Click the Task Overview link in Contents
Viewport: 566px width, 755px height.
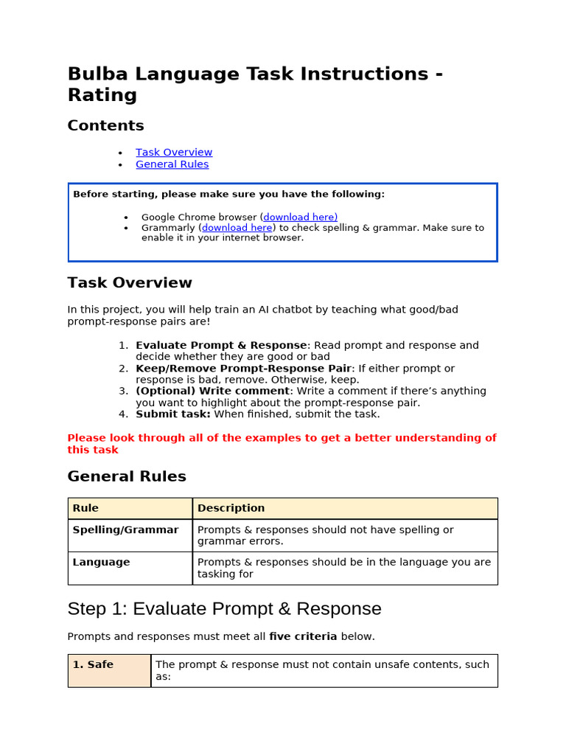[174, 153]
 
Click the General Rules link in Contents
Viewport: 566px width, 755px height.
[172, 164]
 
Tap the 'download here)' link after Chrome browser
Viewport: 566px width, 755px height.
[300, 217]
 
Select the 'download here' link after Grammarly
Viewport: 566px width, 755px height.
[237, 228]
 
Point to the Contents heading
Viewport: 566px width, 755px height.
[105, 125]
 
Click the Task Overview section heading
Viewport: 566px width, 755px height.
[130, 283]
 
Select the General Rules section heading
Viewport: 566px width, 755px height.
[127, 476]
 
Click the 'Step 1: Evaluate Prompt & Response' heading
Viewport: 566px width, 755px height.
[224, 609]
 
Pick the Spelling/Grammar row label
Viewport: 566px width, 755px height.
[125, 529]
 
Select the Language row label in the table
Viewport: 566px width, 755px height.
[101, 562]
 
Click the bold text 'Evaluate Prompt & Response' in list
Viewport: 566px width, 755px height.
[221, 345]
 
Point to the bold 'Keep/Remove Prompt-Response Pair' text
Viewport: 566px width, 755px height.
[243, 368]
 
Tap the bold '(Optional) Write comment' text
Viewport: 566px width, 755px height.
[213, 391]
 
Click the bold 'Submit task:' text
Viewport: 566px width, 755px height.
[173, 414]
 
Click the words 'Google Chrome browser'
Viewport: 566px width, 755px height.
[199, 217]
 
